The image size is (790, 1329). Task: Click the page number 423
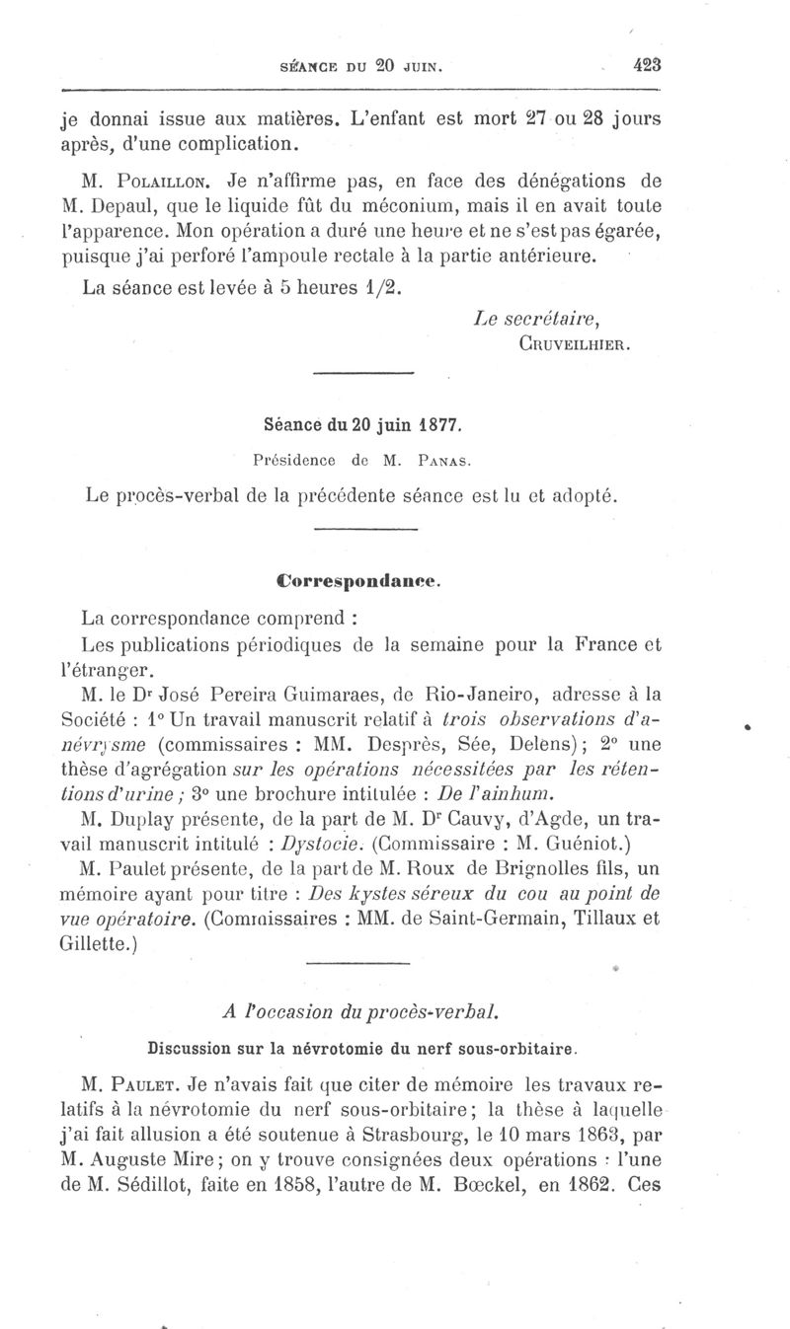click(647, 66)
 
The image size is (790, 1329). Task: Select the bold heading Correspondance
click(358, 581)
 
